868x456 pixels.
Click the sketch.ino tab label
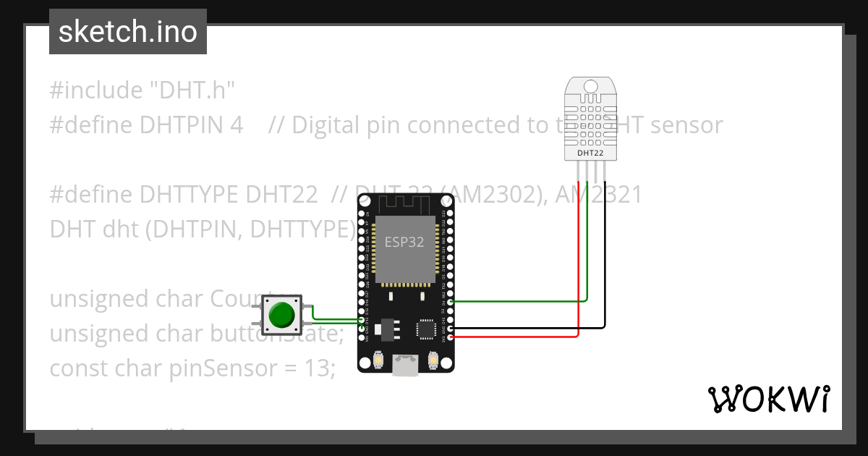[x=127, y=32]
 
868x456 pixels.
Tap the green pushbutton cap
[x=281, y=315]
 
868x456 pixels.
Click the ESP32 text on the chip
[x=404, y=242]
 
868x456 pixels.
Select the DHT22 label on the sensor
[x=590, y=153]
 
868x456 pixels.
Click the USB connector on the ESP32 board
[x=405, y=365]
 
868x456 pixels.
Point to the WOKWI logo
[x=768, y=399]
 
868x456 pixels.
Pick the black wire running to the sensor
[x=605, y=290]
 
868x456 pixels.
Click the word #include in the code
[x=96, y=90]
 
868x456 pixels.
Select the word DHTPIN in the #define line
[x=180, y=125]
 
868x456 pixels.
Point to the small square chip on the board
[x=425, y=329]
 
